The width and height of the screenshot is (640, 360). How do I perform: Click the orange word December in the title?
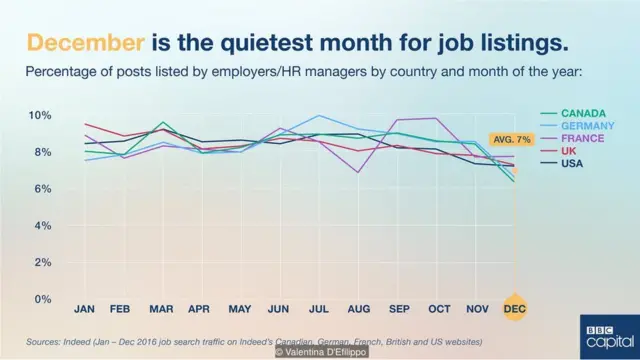[84, 43]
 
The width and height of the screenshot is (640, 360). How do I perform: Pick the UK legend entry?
[569, 151]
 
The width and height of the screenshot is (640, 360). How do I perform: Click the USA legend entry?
[572, 164]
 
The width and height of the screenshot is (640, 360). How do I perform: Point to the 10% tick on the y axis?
[39, 115]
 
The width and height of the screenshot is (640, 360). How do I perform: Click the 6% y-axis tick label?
[42, 189]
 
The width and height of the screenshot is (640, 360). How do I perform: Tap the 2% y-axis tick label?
[42, 262]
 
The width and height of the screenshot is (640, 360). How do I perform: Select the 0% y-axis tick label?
[42, 299]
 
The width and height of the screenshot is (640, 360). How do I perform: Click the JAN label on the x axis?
[85, 310]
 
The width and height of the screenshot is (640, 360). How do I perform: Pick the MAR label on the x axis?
[163, 310]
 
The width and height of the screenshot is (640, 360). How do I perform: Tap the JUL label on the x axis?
[319, 310]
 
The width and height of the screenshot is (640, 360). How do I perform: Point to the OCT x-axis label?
[438, 310]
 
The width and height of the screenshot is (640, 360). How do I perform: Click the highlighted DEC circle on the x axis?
[515, 310]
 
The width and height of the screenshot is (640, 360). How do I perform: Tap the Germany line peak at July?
[319, 115]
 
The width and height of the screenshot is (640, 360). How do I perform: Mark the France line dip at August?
[358, 172]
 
